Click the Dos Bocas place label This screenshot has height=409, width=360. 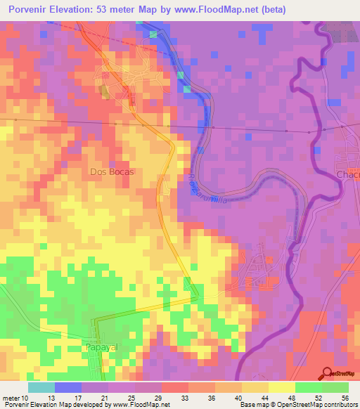click(x=111, y=171)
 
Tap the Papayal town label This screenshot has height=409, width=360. click(x=99, y=348)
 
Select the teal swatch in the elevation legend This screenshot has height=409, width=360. click(x=41, y=387)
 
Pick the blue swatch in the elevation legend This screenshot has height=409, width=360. click(x=68, y=387)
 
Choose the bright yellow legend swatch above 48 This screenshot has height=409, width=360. click(x=281, y=387)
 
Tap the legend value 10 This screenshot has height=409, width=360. click(x=26, y=397)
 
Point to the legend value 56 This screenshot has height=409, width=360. click(x=345, y=397)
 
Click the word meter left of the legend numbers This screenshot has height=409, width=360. click(x=11, y=397)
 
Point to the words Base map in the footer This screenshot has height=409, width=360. click(x=251, y=405)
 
